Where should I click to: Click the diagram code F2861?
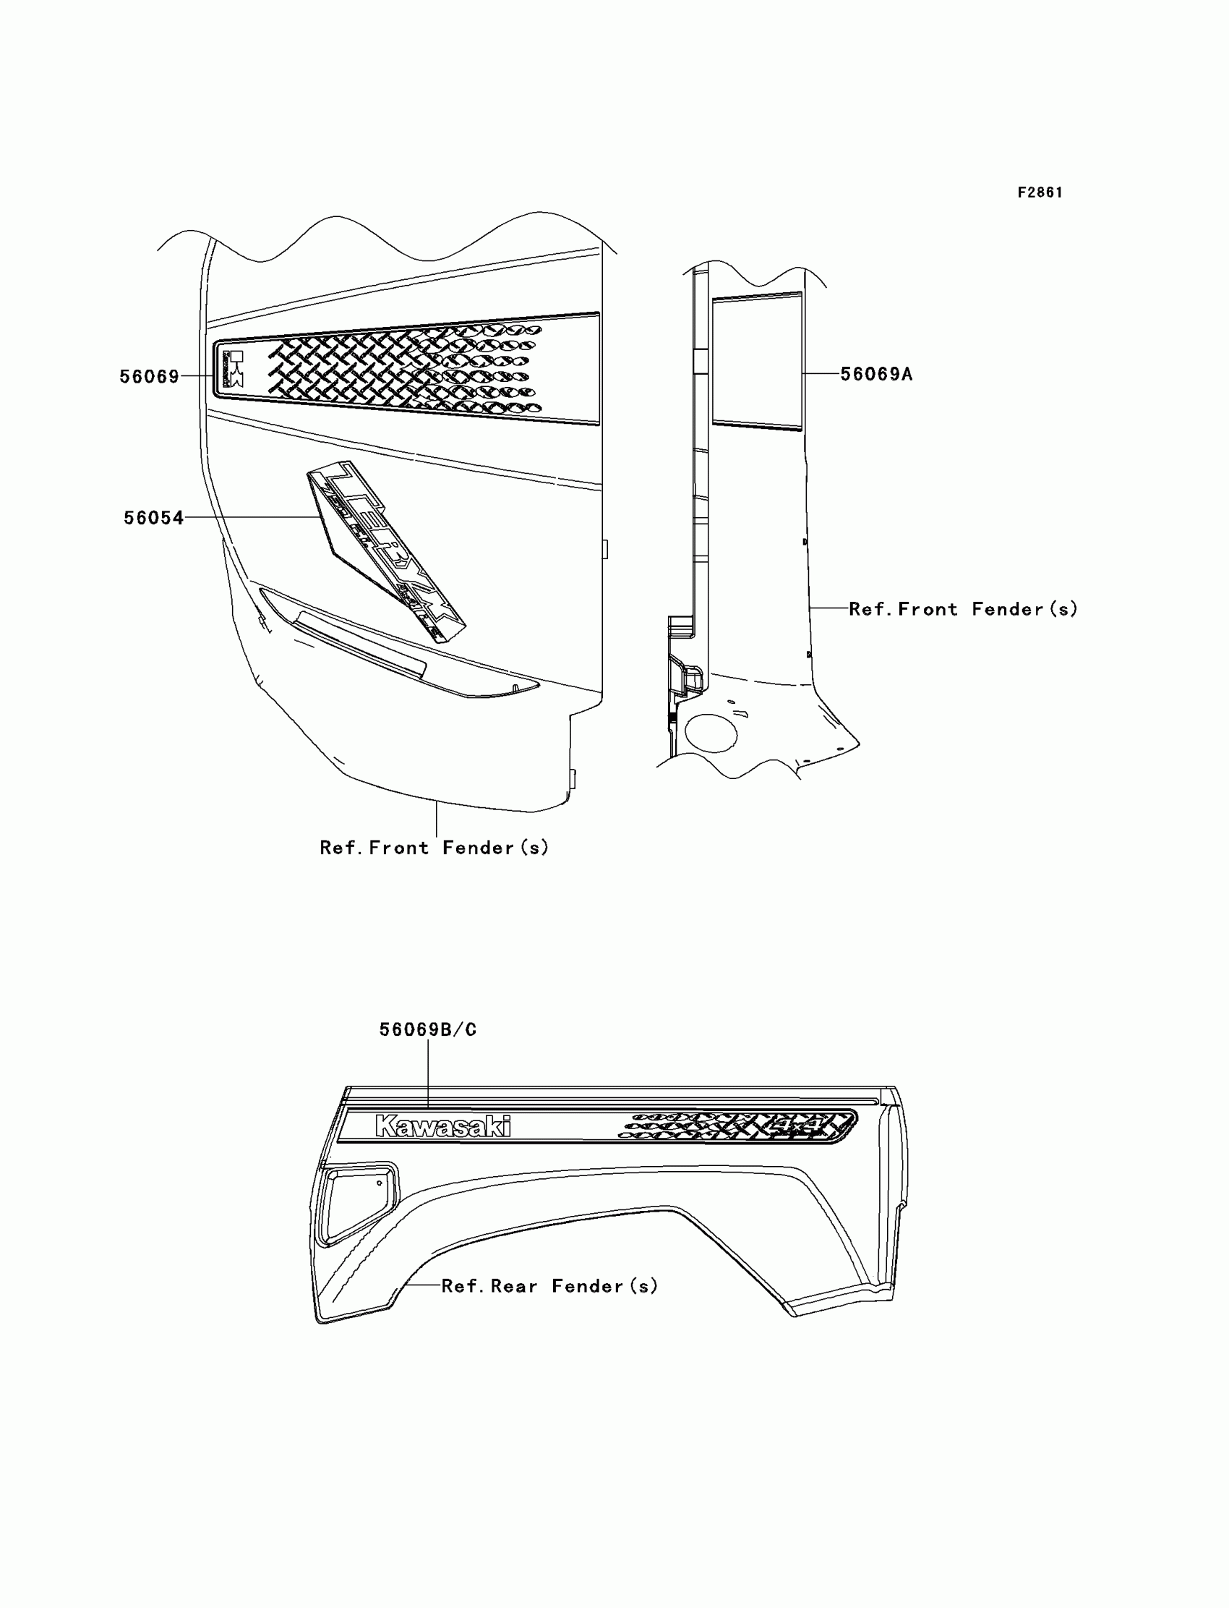[1040, 192]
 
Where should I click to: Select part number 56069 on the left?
[149, 376]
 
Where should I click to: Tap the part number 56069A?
[875, 374]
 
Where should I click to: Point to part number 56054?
[153, 518]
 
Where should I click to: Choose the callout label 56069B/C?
[427, 1029]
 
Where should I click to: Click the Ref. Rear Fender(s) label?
[549, 1286]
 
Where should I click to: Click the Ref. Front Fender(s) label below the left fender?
[434, 848]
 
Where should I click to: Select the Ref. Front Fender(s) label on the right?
[963, 609]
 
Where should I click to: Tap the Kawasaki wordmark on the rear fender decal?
[442, 1126]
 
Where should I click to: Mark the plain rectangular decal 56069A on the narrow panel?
[756, 361]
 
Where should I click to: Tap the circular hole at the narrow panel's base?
[711, 733]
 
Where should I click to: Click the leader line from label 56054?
[252, 517]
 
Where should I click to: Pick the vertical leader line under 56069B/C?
[428, 1072]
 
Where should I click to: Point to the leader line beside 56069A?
[821, 373]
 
